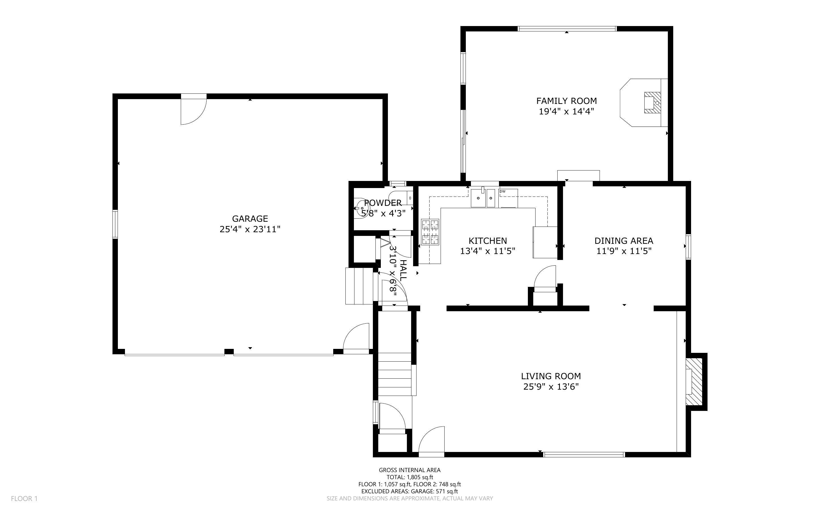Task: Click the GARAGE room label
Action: (250, 218)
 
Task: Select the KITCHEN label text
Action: (487, 241)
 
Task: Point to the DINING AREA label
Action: (624, 241)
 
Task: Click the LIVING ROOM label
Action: (551, 376)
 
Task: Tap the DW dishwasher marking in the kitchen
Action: (503, 192)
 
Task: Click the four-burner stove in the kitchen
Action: (430, 232)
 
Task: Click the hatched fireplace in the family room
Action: (652, 103)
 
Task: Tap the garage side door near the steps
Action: (357, 339)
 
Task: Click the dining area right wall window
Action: (688, 247)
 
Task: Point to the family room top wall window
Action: (567, 29)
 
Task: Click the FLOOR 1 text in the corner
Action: (24, 498)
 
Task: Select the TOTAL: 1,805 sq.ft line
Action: (409, 477)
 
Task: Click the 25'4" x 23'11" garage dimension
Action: (250, 229)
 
